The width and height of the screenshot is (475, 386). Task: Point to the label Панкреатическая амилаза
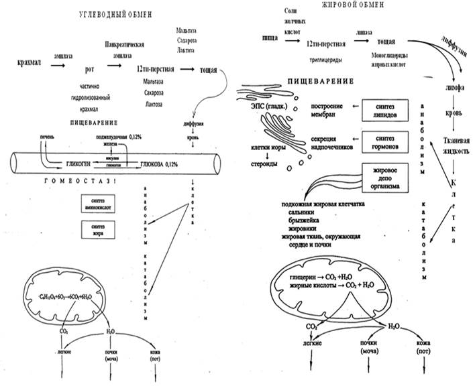[x=126, y=49]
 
